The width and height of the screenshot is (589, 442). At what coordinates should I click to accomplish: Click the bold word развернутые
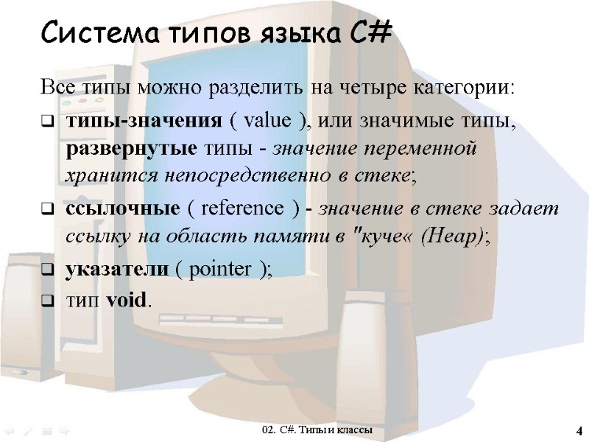[x=131, y=148]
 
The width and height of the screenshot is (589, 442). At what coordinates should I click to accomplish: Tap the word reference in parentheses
[x=240, y=208]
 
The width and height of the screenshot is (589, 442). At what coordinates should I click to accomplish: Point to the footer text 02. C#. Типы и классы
[x=317, y=429]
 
